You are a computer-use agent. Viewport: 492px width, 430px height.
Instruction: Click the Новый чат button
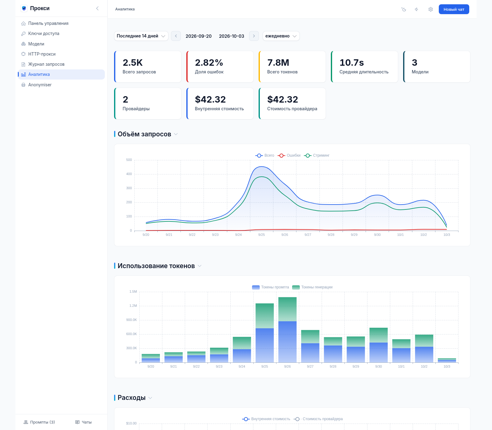(x=454, y=9)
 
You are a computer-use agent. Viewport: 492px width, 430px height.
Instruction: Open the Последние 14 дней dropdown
(x=141, y=36)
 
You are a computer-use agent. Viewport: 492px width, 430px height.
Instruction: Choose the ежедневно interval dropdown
(x=281, y=36)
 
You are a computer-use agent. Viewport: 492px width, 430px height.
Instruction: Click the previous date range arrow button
(x=176, y=36)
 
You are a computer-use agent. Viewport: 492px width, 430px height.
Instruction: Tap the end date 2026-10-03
(x=232, y=36)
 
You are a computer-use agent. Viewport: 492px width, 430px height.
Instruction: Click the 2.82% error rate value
(x=209, y=63)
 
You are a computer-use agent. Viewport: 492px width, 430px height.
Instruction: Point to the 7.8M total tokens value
(x=278, y=63)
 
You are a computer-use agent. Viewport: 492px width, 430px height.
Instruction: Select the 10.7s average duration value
(x=352, y=63)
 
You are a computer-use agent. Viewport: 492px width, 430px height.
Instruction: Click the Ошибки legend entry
(x=289, y=155)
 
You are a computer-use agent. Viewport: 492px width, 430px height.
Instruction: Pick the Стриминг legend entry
(x=317, y=155)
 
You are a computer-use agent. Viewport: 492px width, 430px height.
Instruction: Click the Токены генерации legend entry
(x=312, y=287)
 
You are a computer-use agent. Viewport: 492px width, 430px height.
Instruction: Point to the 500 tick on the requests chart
(x=129, y=160)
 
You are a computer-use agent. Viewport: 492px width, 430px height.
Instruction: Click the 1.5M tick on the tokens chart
(x=133, y=292)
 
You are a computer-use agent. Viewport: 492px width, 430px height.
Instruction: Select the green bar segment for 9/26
(x=288, y=309)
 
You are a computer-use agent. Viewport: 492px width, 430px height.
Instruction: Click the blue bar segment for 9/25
(x=265, y=345)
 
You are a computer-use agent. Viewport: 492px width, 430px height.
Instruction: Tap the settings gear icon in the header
(x=430, y=9)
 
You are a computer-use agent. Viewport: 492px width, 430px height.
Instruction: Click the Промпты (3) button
(x=39, y=422)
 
